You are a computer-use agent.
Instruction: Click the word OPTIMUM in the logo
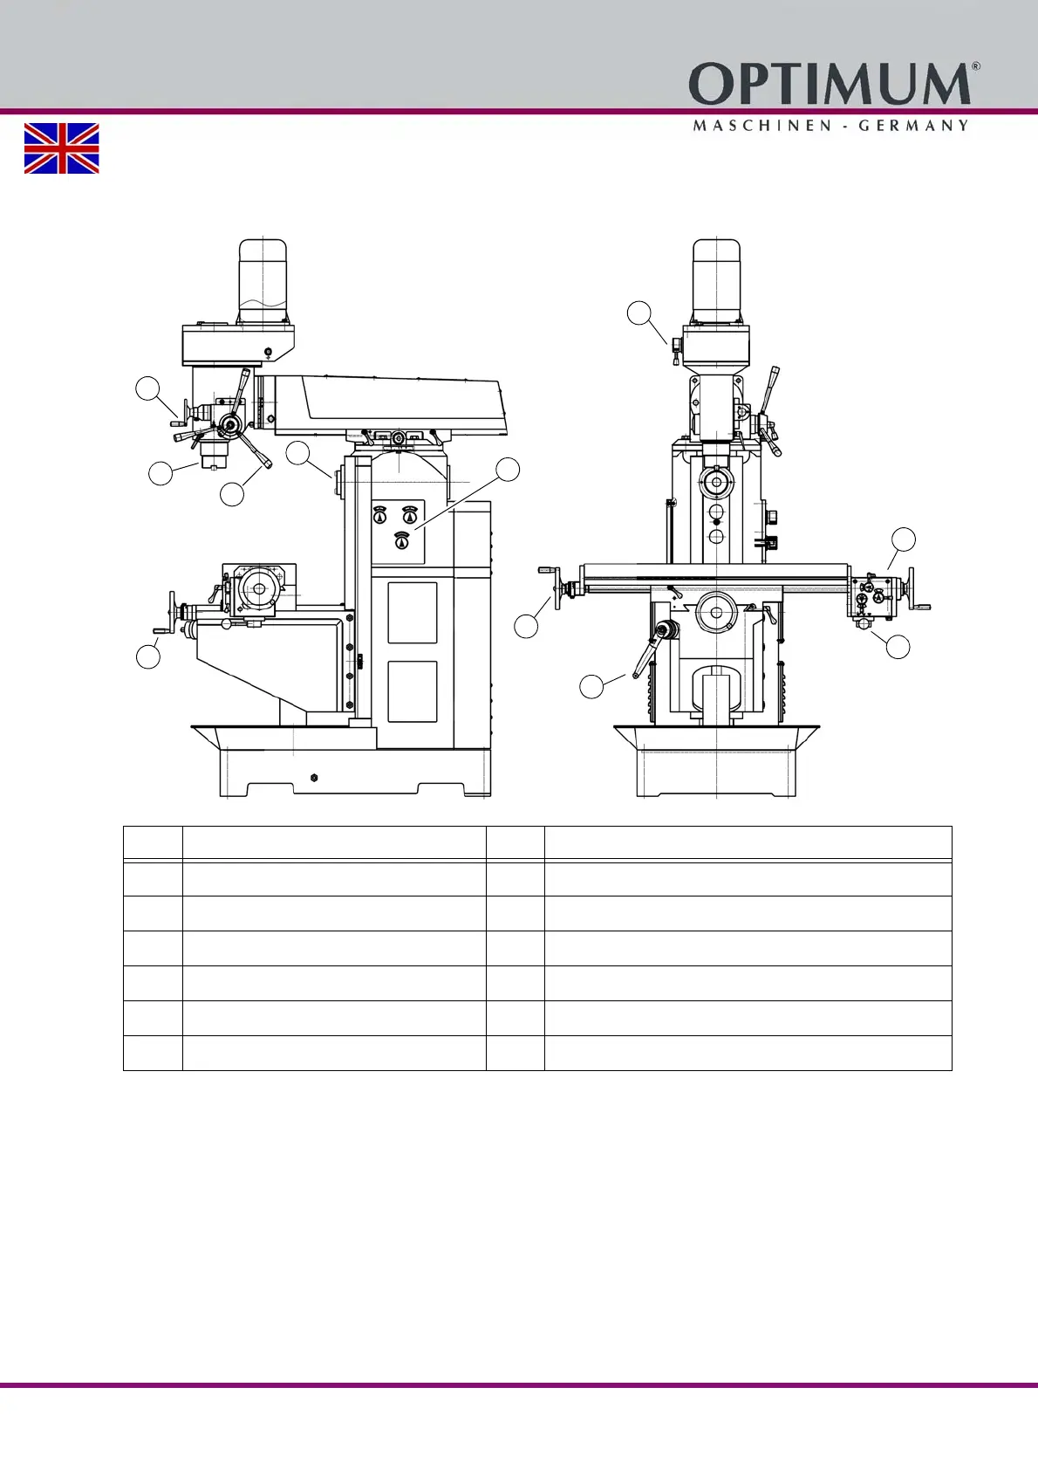tap(830, 84)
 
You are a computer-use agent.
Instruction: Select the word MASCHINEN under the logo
tap(757, 126)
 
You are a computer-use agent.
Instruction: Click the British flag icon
tap(62, 148)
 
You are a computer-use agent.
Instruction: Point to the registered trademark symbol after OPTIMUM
tap(976, 66)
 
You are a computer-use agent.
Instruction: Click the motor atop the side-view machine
tap(263, 281)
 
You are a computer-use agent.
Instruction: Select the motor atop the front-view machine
tap(717, 281)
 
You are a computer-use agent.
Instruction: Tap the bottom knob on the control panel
tap(402, 540)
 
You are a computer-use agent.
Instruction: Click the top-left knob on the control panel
tap(379, 515)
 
